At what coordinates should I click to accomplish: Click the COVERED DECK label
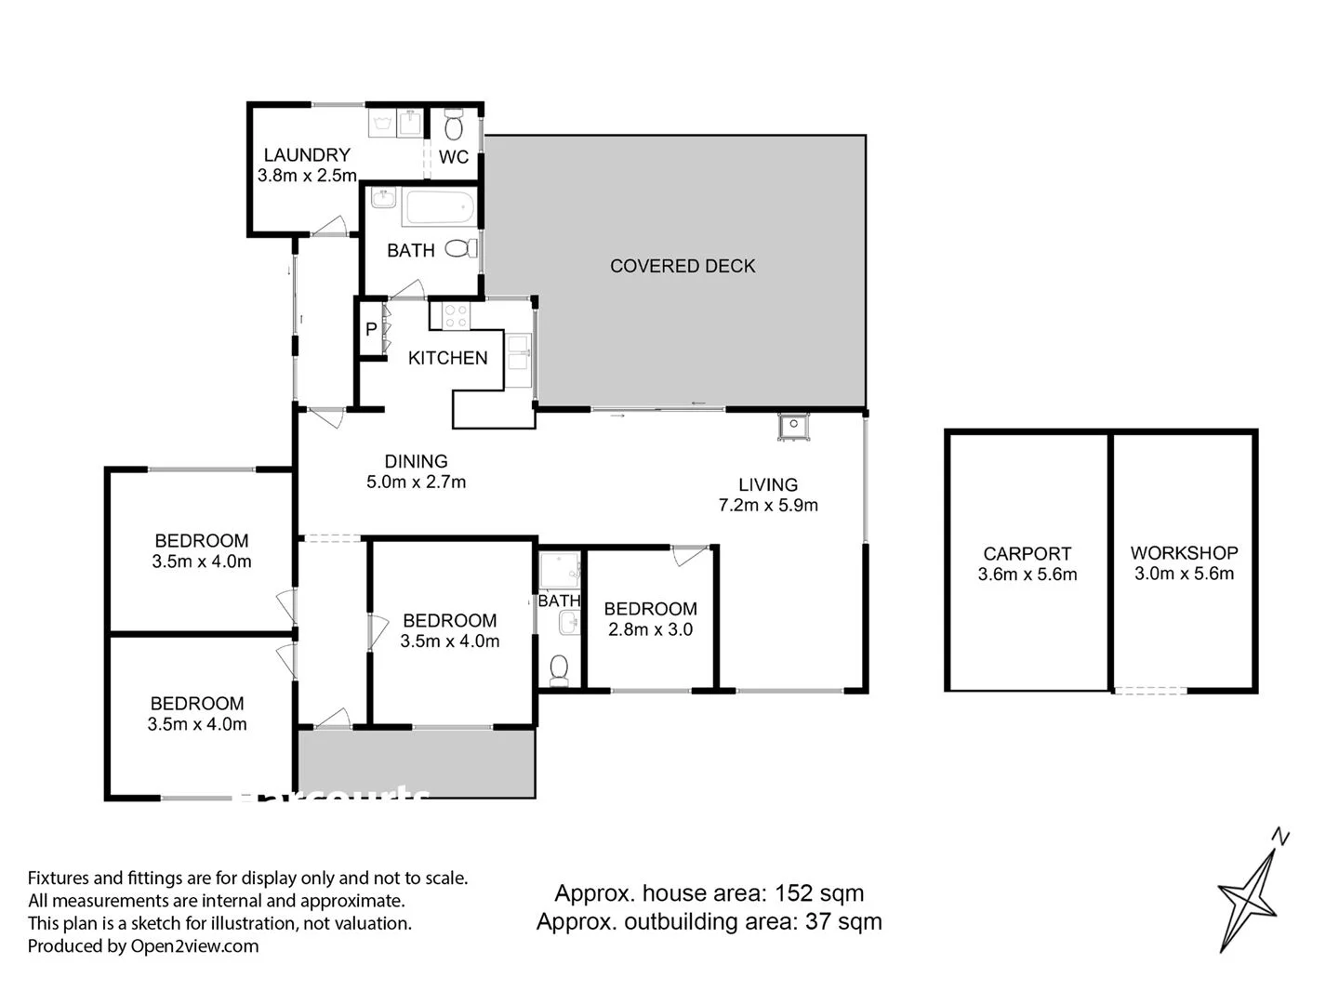[x=683, y=266]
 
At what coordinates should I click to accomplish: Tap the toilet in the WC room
[x=454, y=125]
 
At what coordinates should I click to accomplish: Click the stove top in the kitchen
[x=455, y=316]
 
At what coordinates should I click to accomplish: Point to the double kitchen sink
[x=518, y=358]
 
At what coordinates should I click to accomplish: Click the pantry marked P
[x=371, y=329]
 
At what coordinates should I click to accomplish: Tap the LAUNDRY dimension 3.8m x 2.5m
[x=307, y=176]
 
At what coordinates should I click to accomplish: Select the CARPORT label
[x=1027, y=553]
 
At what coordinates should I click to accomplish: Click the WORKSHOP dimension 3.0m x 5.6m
[x=1184, y=574]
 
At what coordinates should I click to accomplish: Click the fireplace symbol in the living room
[x=793, y=426]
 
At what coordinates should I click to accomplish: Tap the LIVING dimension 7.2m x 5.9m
[x=768, y=506]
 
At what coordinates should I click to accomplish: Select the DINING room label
[x=416, y=461]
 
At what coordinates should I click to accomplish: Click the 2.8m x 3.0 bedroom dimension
[x=650, y=629]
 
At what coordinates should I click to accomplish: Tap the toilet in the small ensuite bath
[x=559, y=669]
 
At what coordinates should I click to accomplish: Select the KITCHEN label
[x=447, y=358]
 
